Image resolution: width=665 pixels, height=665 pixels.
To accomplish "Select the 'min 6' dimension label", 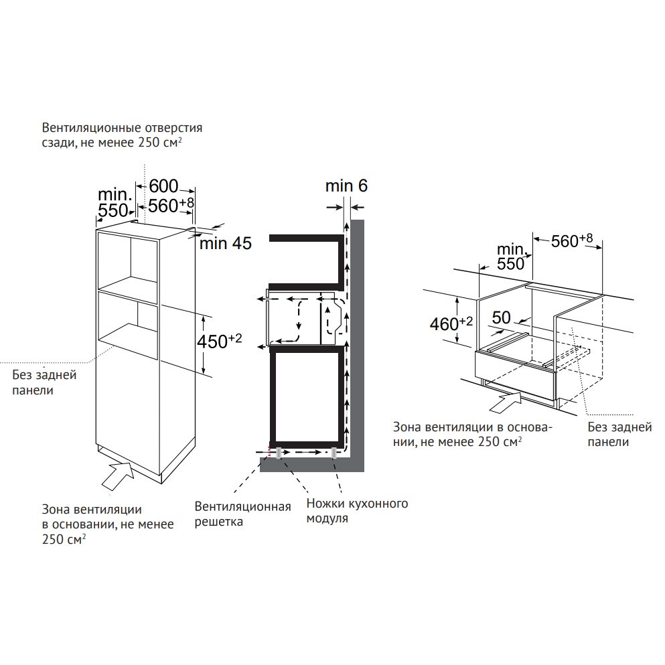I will pos(346,186).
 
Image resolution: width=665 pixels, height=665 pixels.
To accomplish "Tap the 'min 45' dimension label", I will pos(225,244).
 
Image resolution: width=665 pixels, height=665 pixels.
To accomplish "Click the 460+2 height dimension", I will pos(451,324).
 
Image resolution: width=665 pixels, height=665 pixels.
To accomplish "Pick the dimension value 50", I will pos(500,317).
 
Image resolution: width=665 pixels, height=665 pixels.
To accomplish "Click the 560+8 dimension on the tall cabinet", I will pos(171,206).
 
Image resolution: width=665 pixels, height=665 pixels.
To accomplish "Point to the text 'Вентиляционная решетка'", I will pos(242,513).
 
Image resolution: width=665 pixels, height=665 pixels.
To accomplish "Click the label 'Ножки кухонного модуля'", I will pos(357,510).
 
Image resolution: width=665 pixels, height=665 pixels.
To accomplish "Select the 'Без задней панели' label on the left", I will pos(44,382).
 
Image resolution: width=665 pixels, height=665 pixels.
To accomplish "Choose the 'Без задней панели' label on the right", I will pos(619,434).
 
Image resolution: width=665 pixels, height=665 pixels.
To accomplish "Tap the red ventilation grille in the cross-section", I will pos(271,453).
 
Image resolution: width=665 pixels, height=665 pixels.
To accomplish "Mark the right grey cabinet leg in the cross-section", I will pos(333,453).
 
